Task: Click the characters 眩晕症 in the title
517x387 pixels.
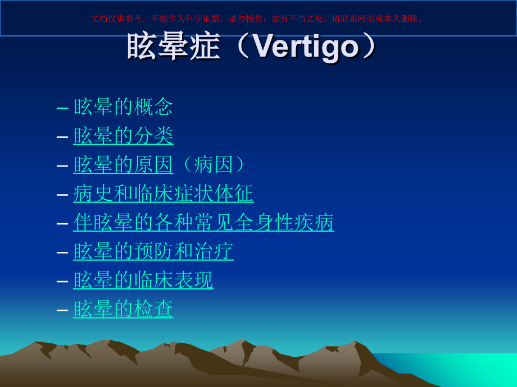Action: (173, 47)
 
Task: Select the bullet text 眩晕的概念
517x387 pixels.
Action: (123, 107)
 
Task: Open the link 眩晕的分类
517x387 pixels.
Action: (123, 136)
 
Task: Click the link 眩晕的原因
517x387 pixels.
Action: (123, 165)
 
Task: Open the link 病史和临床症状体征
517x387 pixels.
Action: (163, 193)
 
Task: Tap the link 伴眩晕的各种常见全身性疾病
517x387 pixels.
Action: (203, 223)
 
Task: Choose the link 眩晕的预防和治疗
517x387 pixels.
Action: (153, 251)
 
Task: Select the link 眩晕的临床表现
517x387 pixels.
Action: (143, 280)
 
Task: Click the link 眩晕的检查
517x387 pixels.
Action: (123, 309)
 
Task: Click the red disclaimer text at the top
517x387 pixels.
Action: (258, 19)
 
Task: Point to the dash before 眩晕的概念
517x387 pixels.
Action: (63, 107)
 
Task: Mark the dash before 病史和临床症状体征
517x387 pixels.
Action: (63, 194)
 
